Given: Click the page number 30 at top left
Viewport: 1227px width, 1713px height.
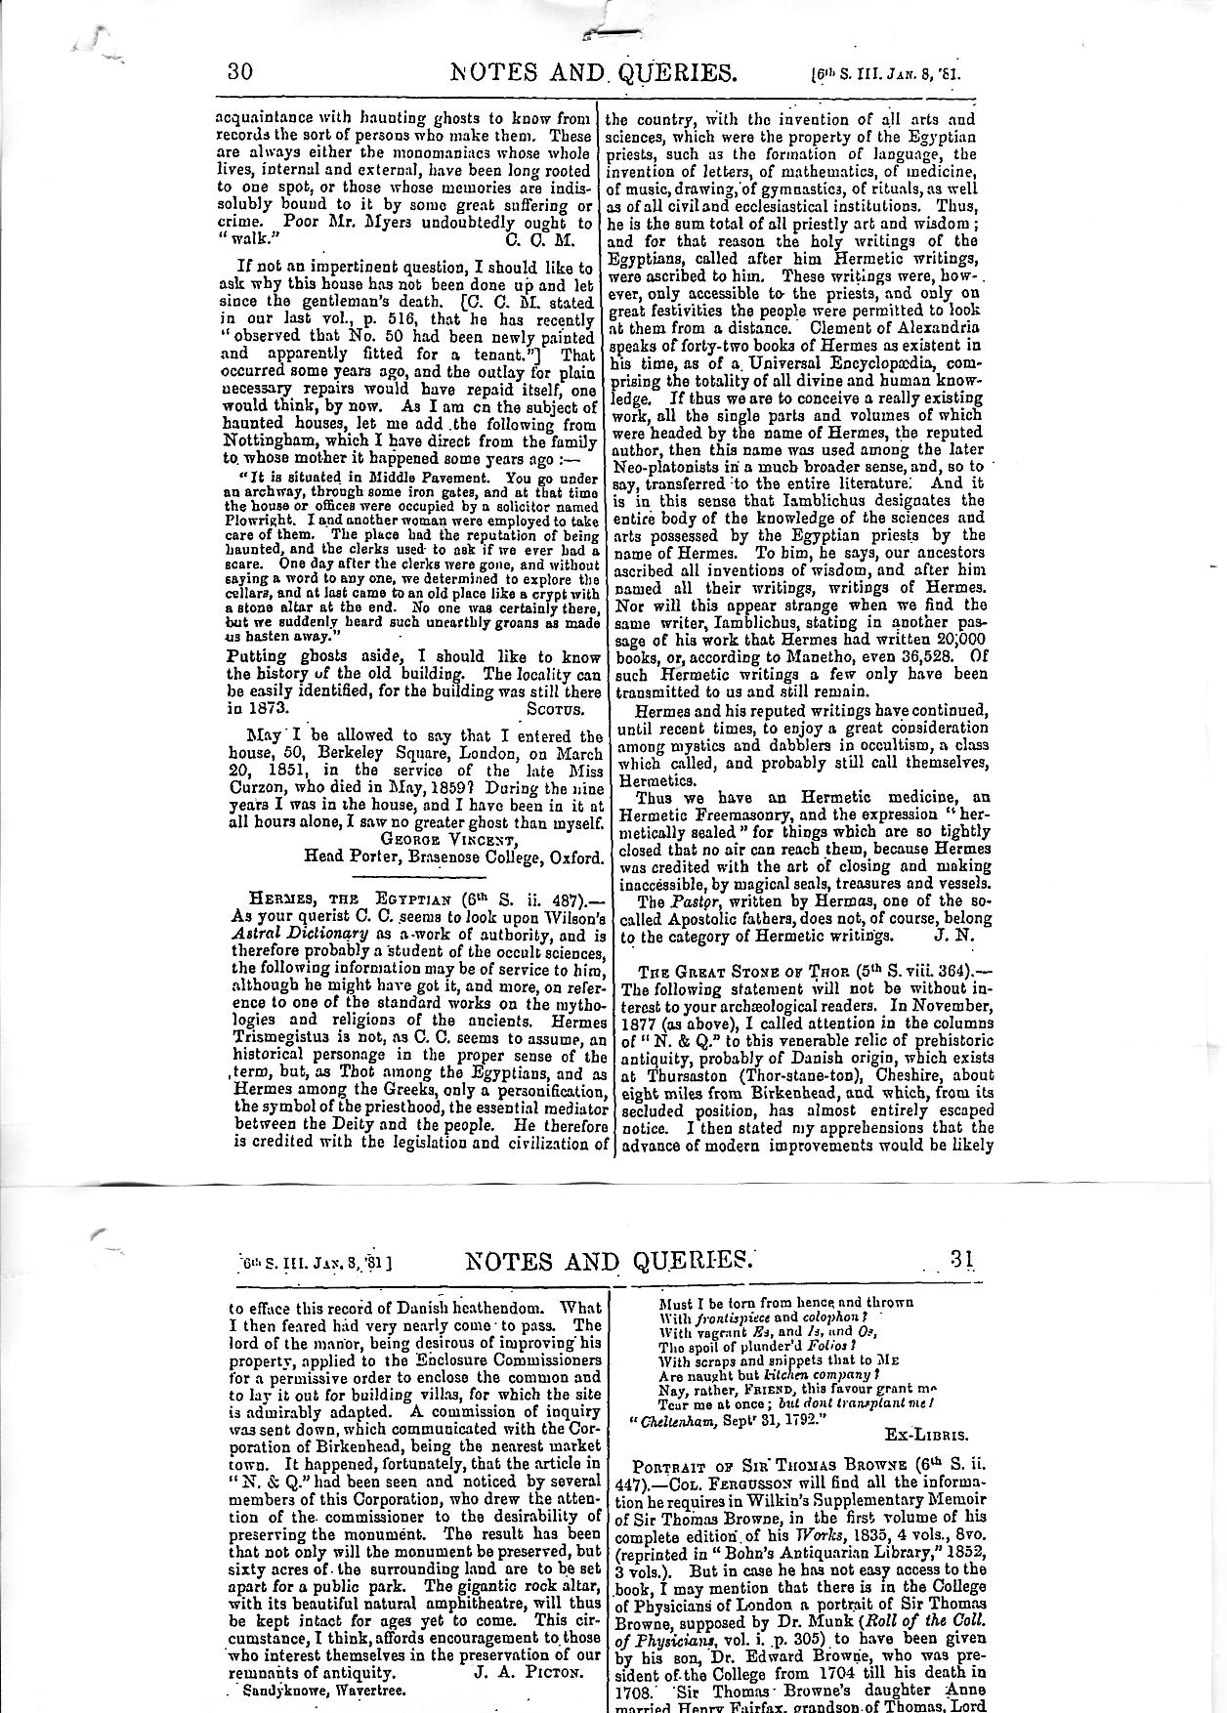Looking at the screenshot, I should pos(240,72).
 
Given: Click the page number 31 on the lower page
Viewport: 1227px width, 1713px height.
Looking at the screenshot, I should pos(962,1259).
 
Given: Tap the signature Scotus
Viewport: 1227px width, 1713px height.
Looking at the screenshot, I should pos(554,708).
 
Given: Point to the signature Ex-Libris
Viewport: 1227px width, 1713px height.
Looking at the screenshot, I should pos(925,1435).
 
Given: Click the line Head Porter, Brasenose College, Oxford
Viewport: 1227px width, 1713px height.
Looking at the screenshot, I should pos(452,856).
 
